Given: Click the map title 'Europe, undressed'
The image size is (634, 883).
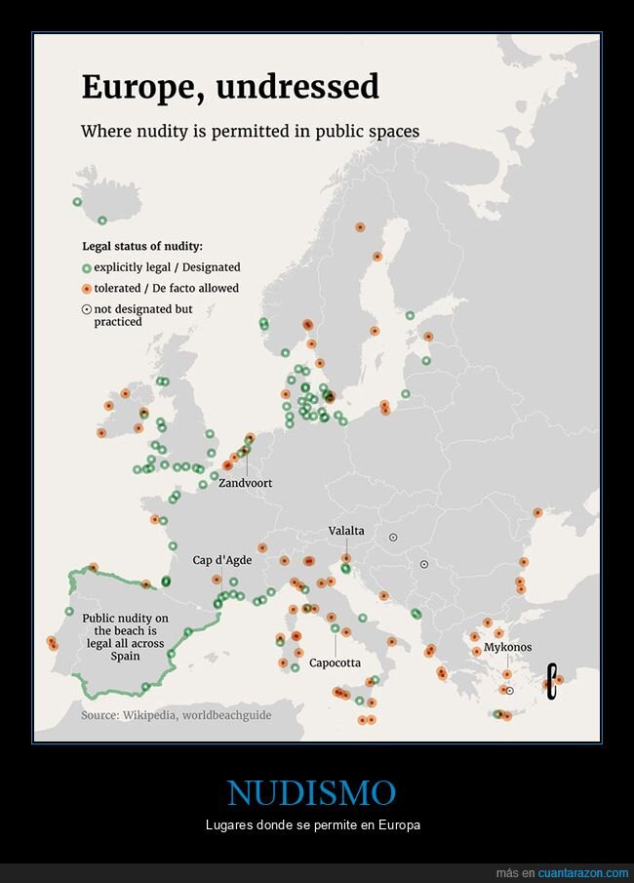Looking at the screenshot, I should [x=229, y=87].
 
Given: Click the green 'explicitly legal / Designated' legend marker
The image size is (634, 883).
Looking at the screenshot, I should [x=86, y=267].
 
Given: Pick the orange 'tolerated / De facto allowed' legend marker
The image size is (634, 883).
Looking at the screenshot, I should [x=86, y=289].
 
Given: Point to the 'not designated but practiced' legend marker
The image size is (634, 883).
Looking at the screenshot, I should [x=86, y=309].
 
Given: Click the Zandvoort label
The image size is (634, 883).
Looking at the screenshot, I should [x=245, y=483].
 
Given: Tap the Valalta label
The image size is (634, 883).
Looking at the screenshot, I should [x=346, y=531].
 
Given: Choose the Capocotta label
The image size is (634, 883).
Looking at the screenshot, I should [x=335, y=662].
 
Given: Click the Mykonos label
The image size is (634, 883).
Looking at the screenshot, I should [x=507, y=647].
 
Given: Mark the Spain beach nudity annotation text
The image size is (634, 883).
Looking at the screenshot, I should [x=125, y=636].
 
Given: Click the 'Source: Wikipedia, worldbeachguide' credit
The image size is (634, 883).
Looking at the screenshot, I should [x=176, y=715].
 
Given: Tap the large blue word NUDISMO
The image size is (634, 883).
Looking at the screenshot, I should [x=311, y=792].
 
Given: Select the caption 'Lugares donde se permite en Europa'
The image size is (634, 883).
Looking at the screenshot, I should [x=311, y=826].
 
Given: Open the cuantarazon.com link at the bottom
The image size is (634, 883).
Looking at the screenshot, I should [x=583, y=871].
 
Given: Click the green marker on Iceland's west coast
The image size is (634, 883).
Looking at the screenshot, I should [x=77, y=202].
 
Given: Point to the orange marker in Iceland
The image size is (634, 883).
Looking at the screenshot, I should [x=101, y=219].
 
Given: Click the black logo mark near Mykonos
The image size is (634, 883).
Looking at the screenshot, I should [x=551, y=680].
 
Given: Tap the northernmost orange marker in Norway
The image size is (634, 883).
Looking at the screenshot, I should [x=360, y=226].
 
